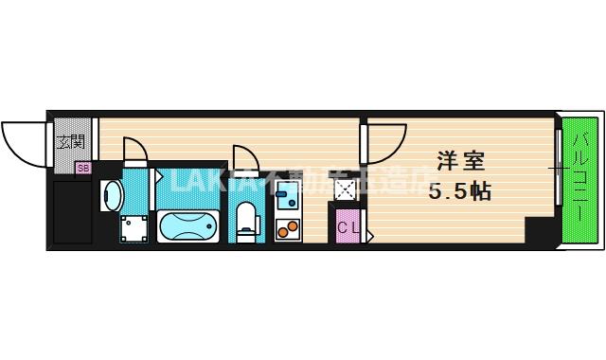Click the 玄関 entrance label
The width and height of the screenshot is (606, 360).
(70, 143)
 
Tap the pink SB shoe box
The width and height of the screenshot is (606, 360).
(82, 169)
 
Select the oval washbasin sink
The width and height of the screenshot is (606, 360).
(112, 195)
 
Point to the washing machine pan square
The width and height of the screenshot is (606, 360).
(134, 228)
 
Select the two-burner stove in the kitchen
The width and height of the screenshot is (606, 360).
(286, 227)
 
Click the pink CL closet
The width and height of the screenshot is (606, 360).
(348, 227)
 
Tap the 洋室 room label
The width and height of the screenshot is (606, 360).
(461, 159)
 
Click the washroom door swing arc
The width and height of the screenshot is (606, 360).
(134, 152)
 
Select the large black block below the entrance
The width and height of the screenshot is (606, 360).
(71, 210)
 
